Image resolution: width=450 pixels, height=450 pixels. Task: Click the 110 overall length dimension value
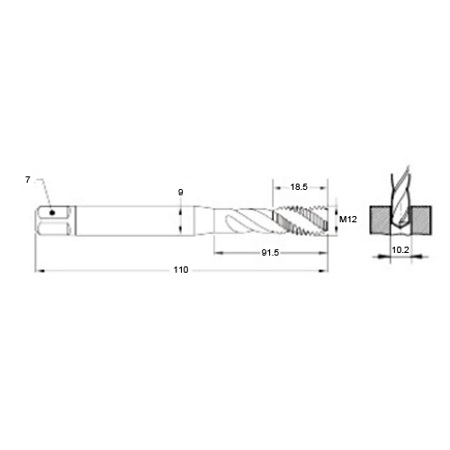(x=181, y=270)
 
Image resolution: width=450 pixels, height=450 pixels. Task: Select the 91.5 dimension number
(x=270, y=253)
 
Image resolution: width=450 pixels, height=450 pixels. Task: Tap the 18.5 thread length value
(x=299, y=187)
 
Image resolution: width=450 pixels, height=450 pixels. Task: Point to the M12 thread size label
(x=348, y=220)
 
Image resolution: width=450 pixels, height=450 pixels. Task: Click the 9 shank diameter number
(x=180, y=193)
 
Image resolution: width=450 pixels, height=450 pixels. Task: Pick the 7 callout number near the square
(x=28, y=180)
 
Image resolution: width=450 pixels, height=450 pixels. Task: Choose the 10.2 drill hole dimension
(x=400, y=249)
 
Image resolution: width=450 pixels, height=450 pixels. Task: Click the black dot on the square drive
(x=52, y=212)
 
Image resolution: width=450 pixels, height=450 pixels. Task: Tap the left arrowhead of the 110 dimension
(x=40, y=271)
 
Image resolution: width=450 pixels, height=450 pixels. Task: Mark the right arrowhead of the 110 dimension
(x=323, y=271)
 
